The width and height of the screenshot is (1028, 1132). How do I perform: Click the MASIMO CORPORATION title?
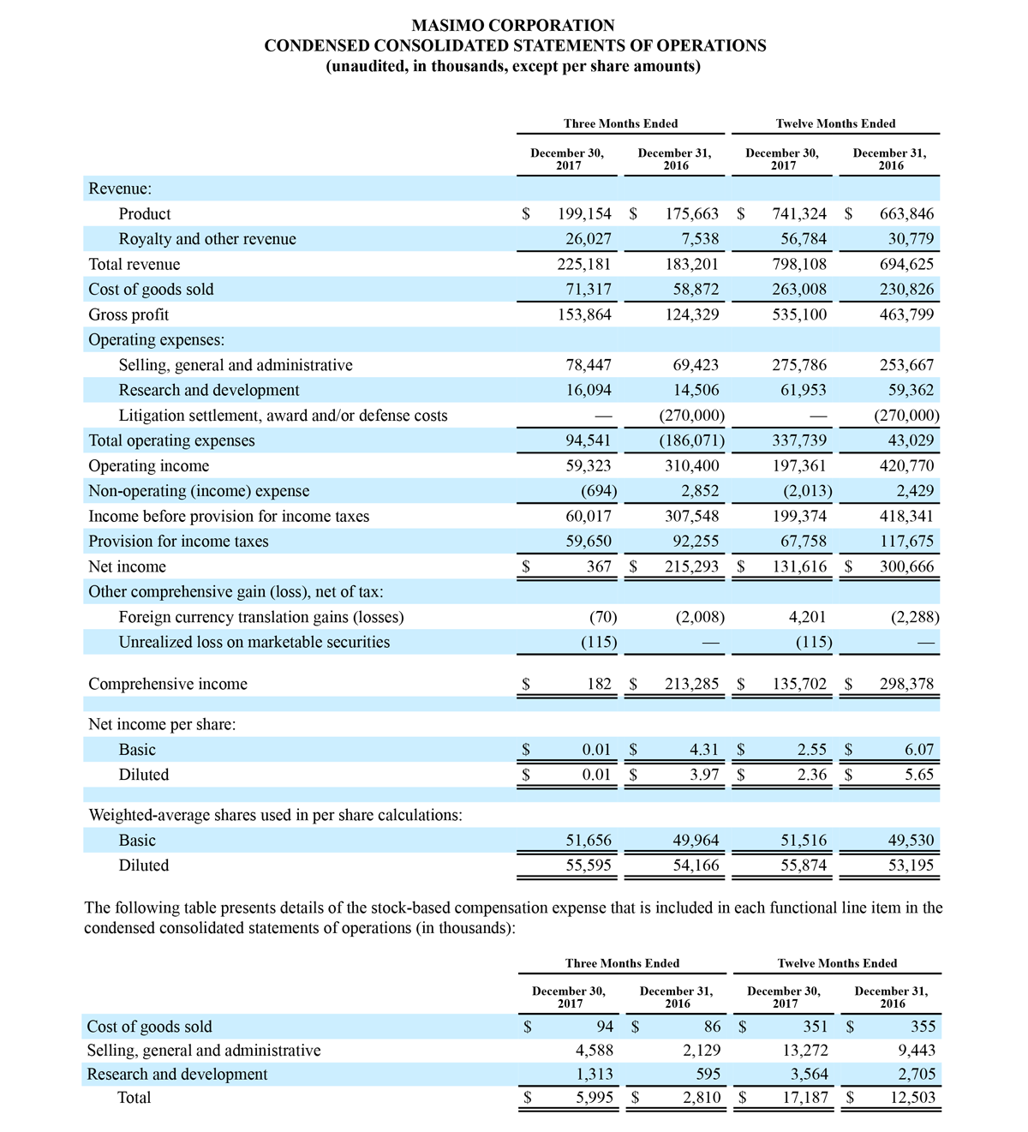pos(513,26)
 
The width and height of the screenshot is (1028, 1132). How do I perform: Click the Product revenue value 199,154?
pos(584,214)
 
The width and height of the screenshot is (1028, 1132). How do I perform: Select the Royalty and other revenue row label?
pos(207,239)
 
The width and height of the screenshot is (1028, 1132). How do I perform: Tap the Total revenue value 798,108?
pos(799,265)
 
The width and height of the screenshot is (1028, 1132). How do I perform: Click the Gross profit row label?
pos(128,314)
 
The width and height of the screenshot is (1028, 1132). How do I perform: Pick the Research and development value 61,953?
pos(799,391)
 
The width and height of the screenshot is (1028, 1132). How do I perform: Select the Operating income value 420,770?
pos(906,466)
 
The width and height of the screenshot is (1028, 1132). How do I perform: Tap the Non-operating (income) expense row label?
pos(199,491)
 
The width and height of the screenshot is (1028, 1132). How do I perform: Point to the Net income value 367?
pos(599,567)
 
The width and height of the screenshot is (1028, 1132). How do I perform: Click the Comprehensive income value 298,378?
pos(906,685)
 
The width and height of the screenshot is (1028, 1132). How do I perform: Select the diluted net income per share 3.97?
pos(703,775)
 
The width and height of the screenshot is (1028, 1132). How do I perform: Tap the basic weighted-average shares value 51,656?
pos(589,841)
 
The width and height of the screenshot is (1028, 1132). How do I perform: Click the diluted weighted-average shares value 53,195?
pos(911,865)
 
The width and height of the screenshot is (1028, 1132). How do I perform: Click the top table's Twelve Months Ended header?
pos(835,123)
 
